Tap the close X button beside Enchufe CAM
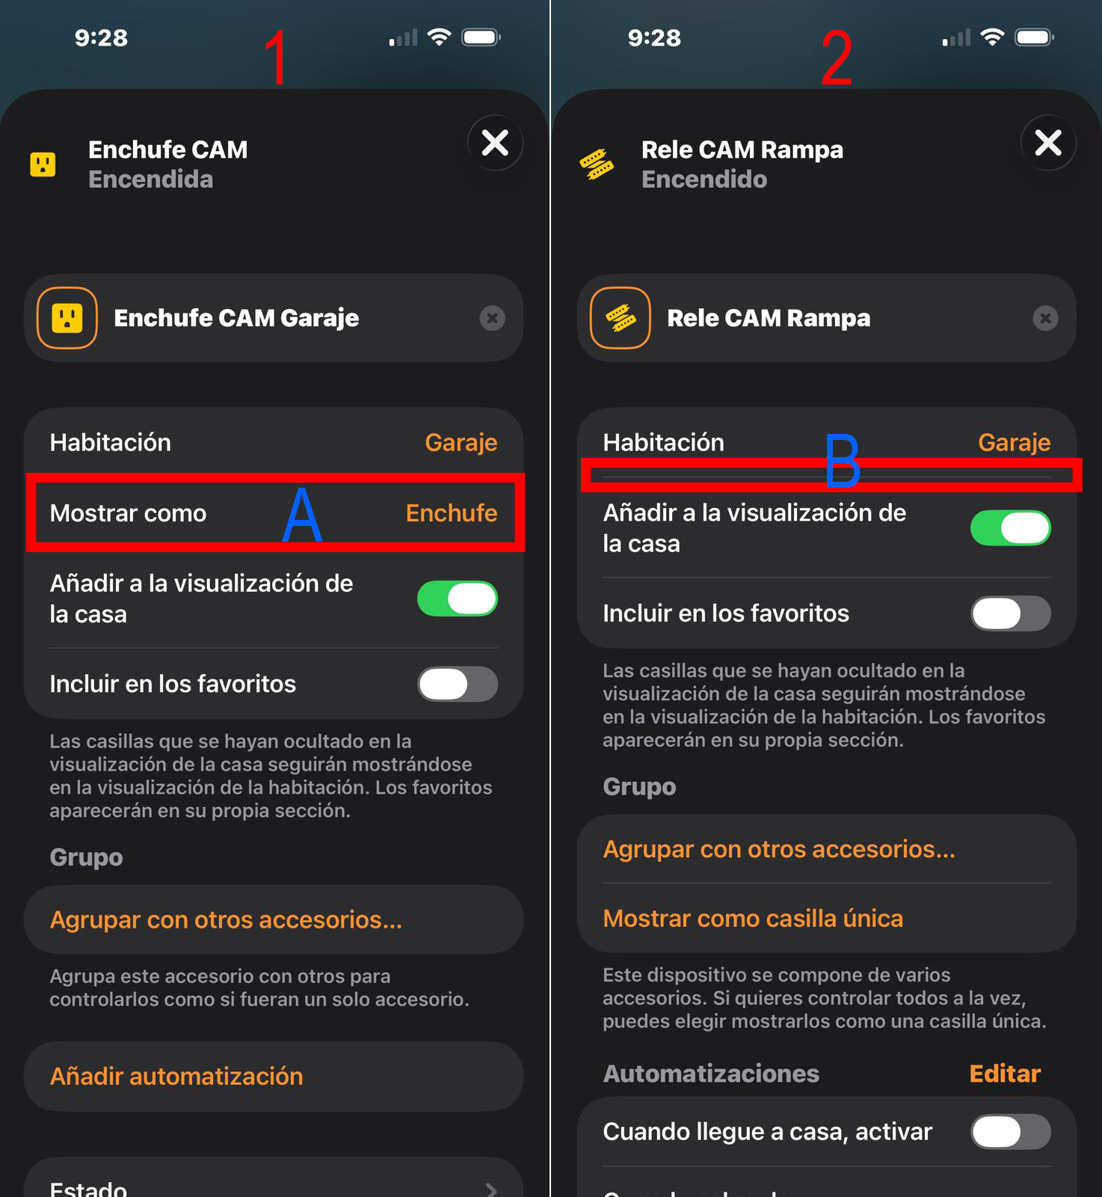[495, 143]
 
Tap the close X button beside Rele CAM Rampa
[1048, 143]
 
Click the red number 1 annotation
[276, 58]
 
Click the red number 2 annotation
[837, 58]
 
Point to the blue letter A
[302, 514]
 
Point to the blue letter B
[843, 461]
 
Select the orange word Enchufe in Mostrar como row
[452, 513]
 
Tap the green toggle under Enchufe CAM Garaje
[458, 598]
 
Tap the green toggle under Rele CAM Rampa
[1011, 528]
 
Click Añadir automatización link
[176, 1076]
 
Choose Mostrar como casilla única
[753, 918]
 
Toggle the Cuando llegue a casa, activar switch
[1011, 1132]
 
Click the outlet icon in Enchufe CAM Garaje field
[67, 318]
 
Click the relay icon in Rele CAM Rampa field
[621, 318]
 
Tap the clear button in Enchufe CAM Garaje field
[492, 319]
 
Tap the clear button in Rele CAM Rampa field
[1045, 319]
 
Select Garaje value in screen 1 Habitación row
[461, 443]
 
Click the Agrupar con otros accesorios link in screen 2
[779, 849]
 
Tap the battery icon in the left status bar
[481, 37]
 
